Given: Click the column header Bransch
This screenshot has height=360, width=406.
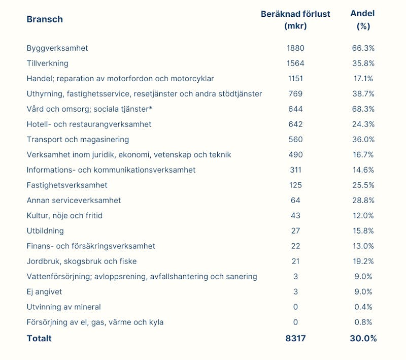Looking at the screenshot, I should click(45, 19).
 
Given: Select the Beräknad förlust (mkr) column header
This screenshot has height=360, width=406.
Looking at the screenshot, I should click(295, 20).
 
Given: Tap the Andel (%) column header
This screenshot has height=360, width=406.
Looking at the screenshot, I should click(363, 20).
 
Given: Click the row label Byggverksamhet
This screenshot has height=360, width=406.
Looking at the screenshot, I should click(57, 48).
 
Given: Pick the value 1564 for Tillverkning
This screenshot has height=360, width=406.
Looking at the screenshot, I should click(295, 63).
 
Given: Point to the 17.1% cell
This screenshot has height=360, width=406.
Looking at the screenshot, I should click(363, 79).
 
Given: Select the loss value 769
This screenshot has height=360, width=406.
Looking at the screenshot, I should click(295, 94).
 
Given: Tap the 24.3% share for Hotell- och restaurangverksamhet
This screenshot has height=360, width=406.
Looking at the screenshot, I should click(363, 124).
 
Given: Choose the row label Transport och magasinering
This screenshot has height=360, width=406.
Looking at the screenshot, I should click(78, 140).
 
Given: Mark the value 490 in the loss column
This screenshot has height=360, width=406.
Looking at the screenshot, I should click(295, 155).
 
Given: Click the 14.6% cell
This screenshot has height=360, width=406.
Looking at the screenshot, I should click(363, 170).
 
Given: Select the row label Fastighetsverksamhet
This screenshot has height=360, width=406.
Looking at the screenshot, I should click(67, 185).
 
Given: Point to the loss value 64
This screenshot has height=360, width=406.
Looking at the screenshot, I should click(295, 201).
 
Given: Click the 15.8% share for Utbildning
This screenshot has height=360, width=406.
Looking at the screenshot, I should click(363, 231).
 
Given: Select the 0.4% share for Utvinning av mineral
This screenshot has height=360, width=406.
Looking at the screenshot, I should click(363, 307).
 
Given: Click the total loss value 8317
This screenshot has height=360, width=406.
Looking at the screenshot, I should click(295, 338).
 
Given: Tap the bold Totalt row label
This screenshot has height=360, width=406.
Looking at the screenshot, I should click(39, 338).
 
